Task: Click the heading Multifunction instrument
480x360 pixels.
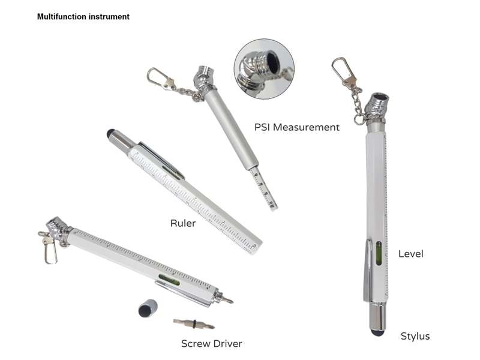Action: tap(83, 17)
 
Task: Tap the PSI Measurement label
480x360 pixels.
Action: tap(296, 127)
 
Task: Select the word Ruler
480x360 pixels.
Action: tap(183, 223)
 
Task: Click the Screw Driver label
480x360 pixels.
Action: tap(212, 343)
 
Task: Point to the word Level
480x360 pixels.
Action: tap(411, 253)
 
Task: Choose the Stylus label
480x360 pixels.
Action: tap(415, 336)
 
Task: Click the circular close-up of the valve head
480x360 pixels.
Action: tap(264, 69)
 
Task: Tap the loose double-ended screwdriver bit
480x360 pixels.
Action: tap(194, 323)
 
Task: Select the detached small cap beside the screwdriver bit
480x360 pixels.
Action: tap(148, 308)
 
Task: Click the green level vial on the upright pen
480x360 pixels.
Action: tap(379, 254)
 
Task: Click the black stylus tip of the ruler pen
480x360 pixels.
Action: tap(111, 133)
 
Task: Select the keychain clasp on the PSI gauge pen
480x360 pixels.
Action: tap(160, 79)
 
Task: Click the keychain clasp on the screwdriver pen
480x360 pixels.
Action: tap(49, 248)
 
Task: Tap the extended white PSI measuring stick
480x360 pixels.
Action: tap(264, 188)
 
